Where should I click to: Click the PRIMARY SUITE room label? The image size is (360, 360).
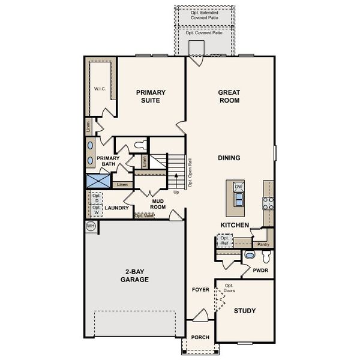(x=150, y=97)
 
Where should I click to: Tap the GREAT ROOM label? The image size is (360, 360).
(x=229, y=97)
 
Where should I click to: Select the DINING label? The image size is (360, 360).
(x=229, y=158)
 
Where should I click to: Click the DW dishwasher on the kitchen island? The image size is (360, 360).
(x=238, y=187)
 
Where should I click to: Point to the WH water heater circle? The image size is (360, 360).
(x=91, y=226)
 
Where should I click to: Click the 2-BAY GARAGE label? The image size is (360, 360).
(x=134, y=275)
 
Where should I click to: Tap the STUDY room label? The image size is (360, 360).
(x=245, y=311)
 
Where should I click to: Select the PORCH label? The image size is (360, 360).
(x=200, y=337)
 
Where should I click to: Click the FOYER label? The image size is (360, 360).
(x=200, y=290)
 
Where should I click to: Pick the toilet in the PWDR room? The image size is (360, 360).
(x=250, y=255)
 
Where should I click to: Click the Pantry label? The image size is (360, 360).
(x=262, y=244)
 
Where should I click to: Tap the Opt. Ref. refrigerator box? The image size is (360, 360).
(x=224, y=240)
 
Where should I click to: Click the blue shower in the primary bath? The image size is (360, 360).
(x=97, y=181)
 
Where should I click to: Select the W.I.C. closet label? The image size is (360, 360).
(x=100, y=89)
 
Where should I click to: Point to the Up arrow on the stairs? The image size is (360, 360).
(x=176, y=180)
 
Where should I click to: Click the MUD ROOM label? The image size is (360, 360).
(x=158, y=204)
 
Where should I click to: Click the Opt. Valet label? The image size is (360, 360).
(x=144, y=215)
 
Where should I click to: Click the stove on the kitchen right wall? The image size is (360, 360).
(x=268, y=202)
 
